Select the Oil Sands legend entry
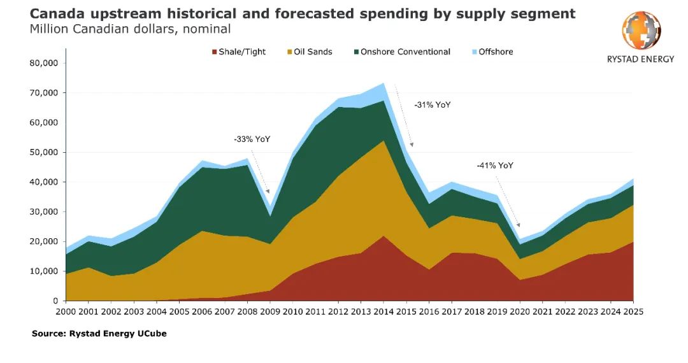(311, 52)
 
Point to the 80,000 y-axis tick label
(44, 63)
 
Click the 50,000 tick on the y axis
(44, 152)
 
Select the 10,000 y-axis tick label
(44, 271)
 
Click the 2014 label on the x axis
(383, 312)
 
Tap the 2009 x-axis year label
(270, 312)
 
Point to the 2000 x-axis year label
(66, 312)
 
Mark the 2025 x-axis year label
(633, 312)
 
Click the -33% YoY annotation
(252, 138)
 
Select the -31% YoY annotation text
(432, 104)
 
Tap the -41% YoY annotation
(495, 166)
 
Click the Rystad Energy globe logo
(641, 31)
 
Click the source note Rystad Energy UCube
(99, 333)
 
